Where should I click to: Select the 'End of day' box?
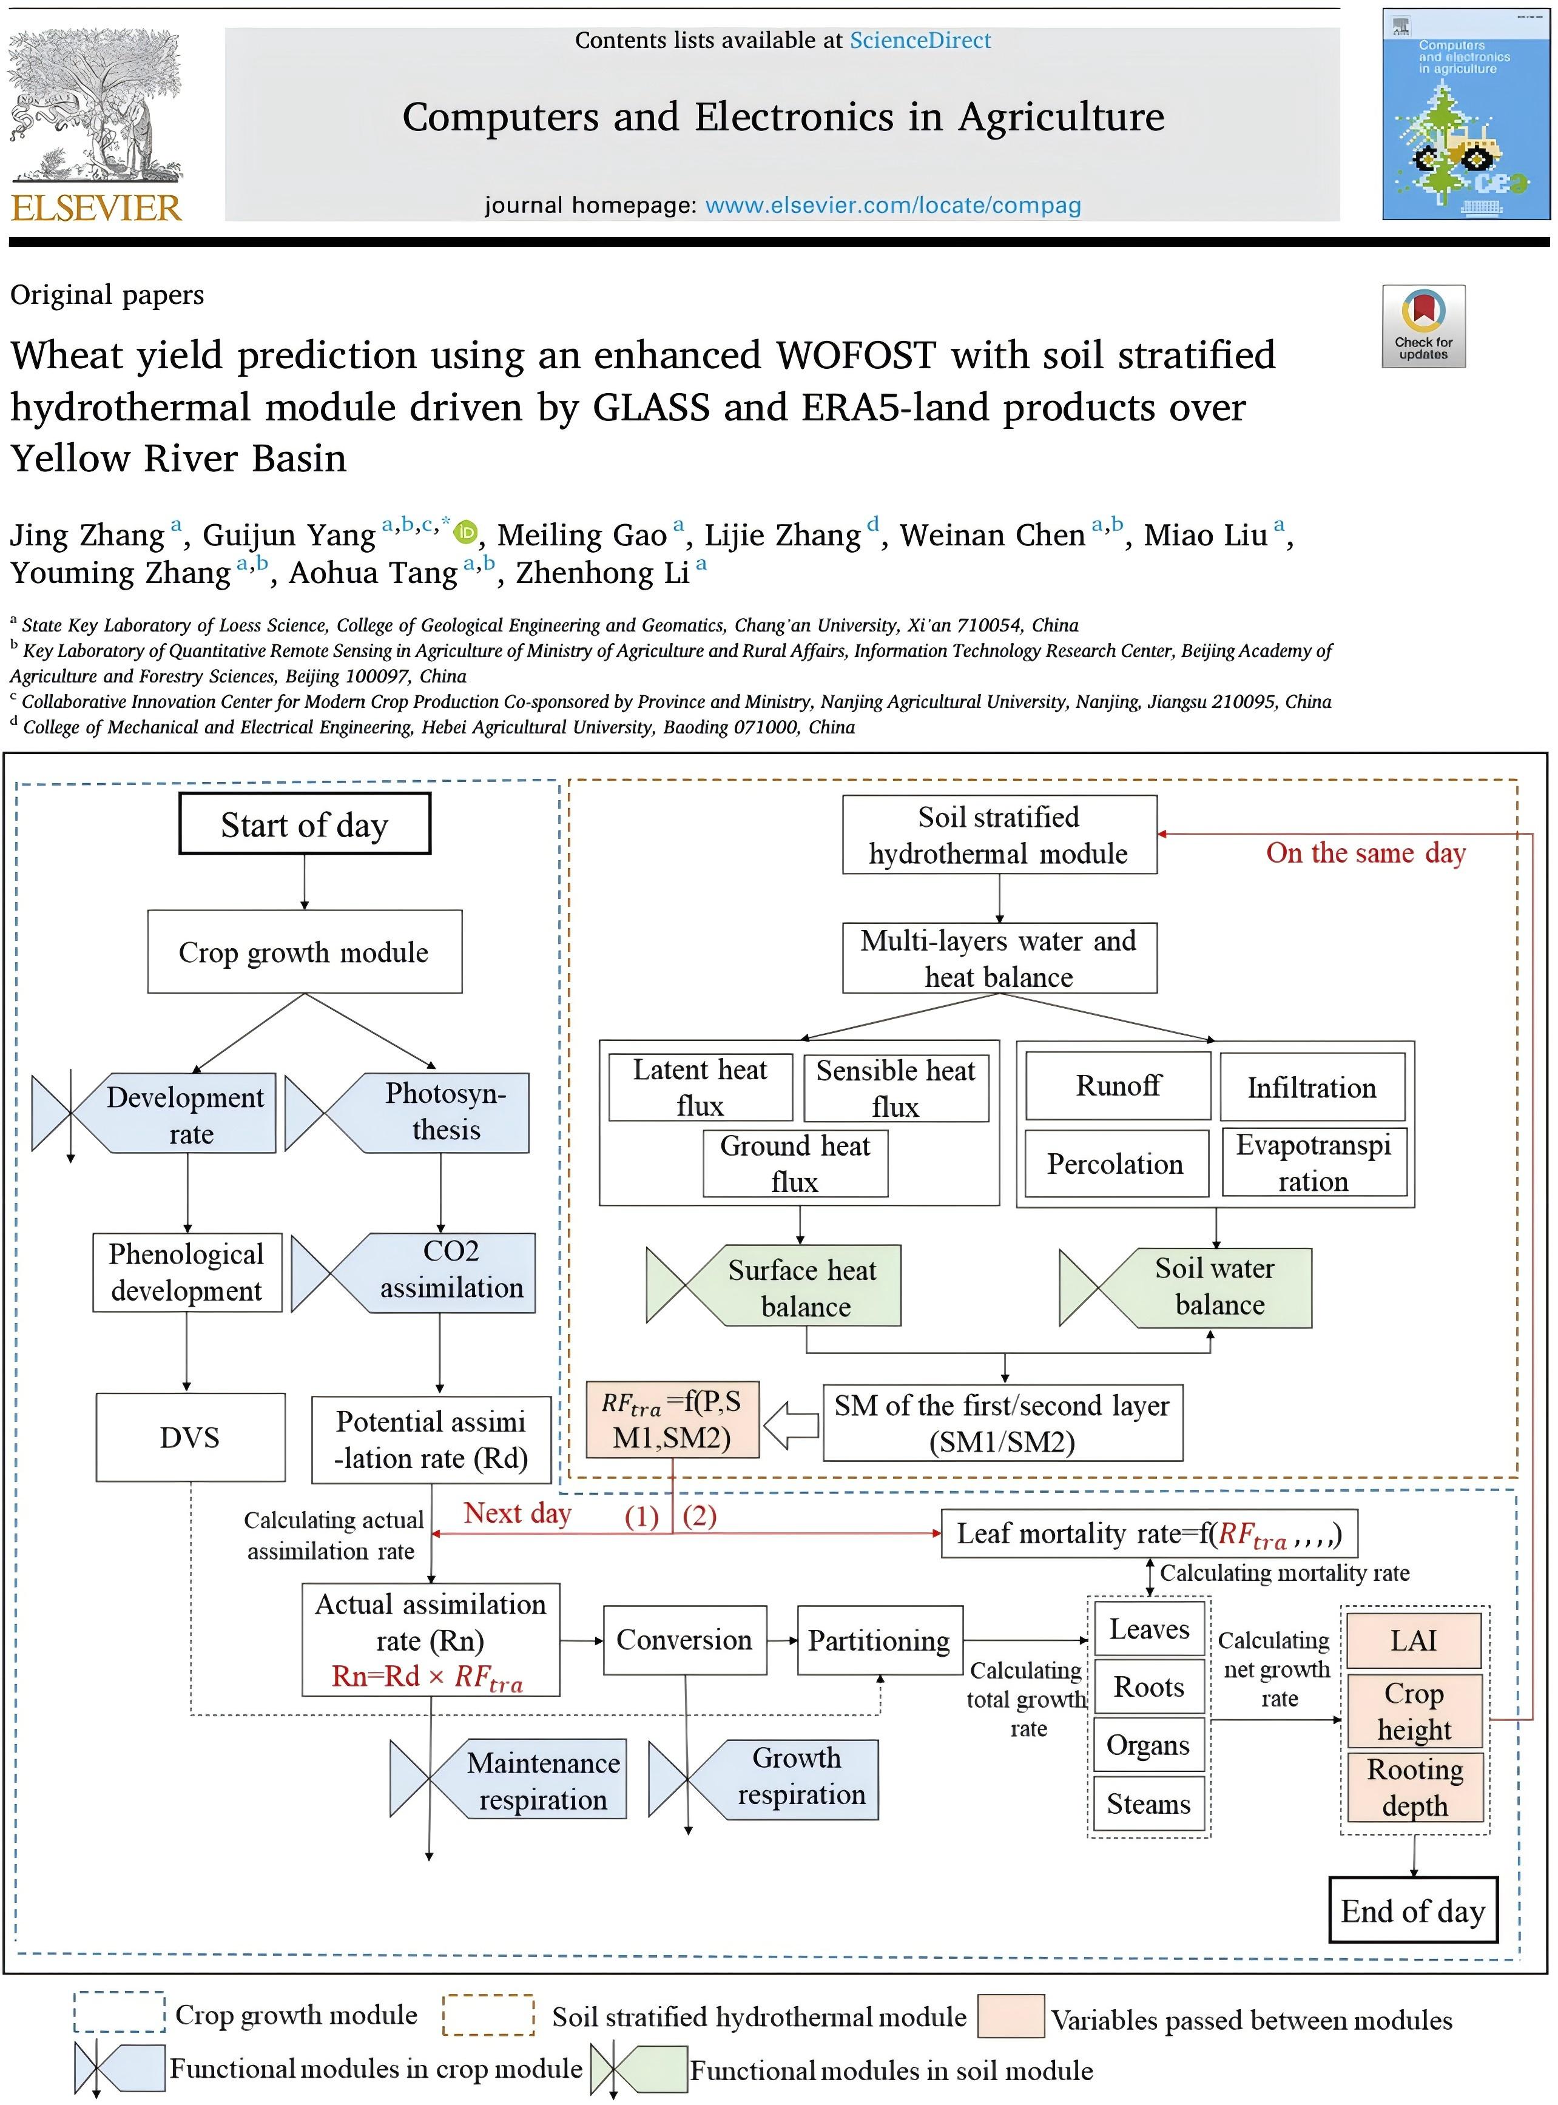tap(1413, 1911)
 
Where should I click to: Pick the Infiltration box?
tap(1312, 1088)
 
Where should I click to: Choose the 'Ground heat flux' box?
tap(795, 1164)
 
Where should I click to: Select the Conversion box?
tap(685, 1640)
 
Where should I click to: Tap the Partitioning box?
tap(879, 1640)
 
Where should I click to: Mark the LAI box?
tap(1414, 1640)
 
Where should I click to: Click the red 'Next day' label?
tap(517, 1514)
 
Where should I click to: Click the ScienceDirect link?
tap(920, 41)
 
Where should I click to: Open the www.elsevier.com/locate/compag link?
tap(893, 206)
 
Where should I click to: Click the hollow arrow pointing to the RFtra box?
tap(791, 1425)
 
